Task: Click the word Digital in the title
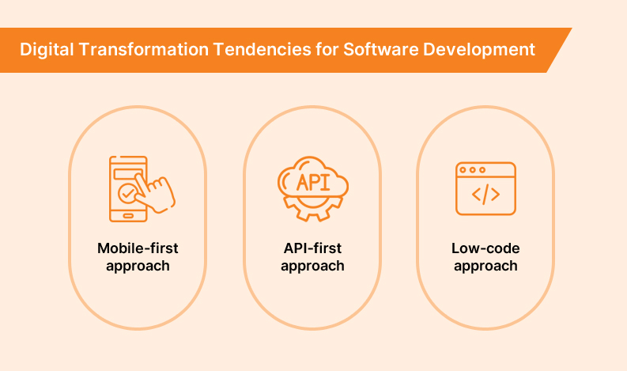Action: pyautogui.click(x=47, y=50)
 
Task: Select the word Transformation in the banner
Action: pyautogui.click(x=144, y=50)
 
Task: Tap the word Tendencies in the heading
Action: pyautogui.click(x=263, y=50)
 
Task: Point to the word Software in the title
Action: pyautogui.click(x=381, y=50)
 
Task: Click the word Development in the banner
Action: pyautogui.click(x=479, y=50)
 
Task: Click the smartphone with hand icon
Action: pyautogui.click(x=142, y=189)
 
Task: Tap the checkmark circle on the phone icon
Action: pyautogui.click(x=127, y=194)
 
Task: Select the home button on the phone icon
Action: pyautogui.click(x=128, y=216)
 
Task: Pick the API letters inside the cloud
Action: pyautogui.click(x=313, y=183)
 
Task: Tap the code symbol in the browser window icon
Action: pyautogui.click(x=485, y=195)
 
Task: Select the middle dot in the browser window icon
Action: pyautogui.click(x=473, y=170)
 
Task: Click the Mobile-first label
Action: pyautogui.click(x=138, y=248)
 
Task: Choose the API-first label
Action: pyautogui.click(x=312, y=248)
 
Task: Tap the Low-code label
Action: pyautogui.click(x=485, y=248)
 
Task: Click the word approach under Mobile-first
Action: pyautogui.click(x=138, y=266)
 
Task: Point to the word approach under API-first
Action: pyautogui.click(x=312, y=266)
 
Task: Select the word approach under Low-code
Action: pyautogui.click(x=485, y=266)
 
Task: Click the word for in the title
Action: pyautogui.click(x=327, y=50)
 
